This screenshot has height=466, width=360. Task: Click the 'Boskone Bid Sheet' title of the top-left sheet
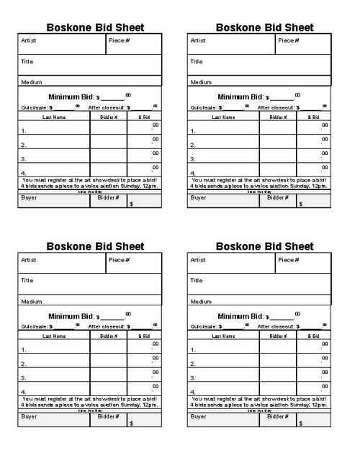click(95, 27)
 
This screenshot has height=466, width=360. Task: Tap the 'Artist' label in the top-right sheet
click(198, 40)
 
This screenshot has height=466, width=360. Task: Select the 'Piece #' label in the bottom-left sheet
click(119, 260)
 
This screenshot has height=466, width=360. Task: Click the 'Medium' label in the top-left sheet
click(30, 82)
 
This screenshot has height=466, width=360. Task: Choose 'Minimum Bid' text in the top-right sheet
click(240, 97)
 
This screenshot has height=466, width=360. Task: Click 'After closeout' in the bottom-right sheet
click(277, 326)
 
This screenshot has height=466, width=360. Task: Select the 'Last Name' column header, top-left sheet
click(54, 116)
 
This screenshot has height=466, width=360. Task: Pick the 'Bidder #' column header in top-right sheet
click(277, 116)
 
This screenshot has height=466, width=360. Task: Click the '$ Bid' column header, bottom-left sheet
click(143, 336)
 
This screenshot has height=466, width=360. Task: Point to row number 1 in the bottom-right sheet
click(193, 351)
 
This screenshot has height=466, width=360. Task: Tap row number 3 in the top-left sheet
click(24, 159)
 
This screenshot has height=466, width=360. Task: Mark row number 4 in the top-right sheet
click(193, 173)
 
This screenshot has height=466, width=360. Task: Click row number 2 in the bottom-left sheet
click(24, 364)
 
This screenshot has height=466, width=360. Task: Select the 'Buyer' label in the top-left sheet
click(29, 197)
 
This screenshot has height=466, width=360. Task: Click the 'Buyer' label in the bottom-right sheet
click(198, 416)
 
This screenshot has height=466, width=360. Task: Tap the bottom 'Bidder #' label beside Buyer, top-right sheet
click(277, 197)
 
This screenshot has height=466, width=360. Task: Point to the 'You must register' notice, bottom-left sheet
click(89, 400)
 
